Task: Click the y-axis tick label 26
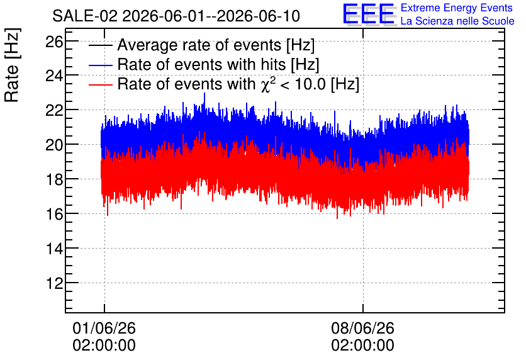(x=54, y=42)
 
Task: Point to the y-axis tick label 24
(x=54, y=76)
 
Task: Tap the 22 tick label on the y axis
(x=54, y=110)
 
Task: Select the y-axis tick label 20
(x=54, y=145)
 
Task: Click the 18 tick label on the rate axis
(x=54, y=179)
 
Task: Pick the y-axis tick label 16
(x=54, y=214)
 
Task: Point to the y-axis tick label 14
(x=54, y=249)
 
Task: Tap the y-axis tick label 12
(x=54, y=283)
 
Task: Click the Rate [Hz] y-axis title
(x=12, y=65)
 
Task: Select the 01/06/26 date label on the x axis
(x=104, y=328)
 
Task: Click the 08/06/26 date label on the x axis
(x=362, y=328)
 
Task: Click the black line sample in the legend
(x=100, y=45)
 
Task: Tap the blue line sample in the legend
(x=100, y=65)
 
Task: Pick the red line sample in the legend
(x=100, y=84)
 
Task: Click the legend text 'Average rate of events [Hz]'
(x=216, y=45)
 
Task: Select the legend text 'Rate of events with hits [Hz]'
(x=218, y=64)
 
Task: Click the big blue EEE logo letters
(x=369, y=14)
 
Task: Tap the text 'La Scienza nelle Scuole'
(x=457, y=21)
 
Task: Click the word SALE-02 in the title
(x=85, y=16)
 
